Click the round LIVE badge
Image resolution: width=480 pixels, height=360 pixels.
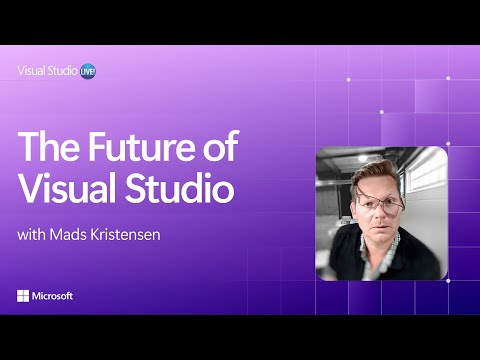89,71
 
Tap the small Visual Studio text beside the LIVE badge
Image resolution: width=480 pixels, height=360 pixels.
48,71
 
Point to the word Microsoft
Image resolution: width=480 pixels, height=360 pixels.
53,296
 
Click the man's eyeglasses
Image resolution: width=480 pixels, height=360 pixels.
379,205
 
